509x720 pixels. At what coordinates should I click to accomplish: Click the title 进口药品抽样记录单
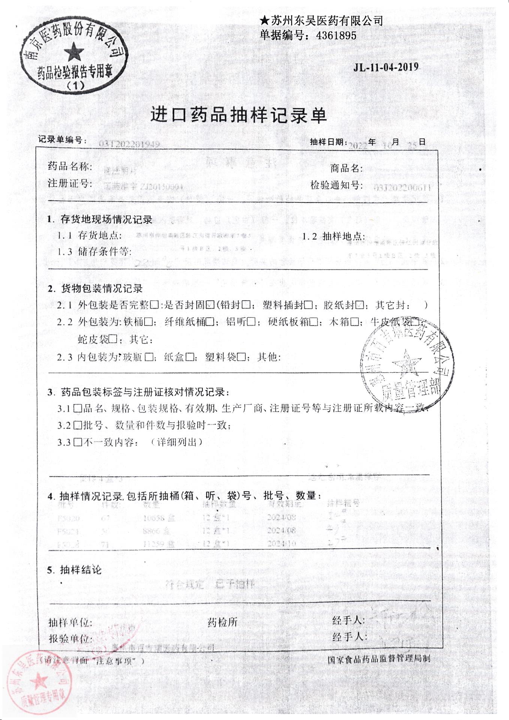coord(239,115)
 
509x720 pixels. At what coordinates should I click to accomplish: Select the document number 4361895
coord(336,36)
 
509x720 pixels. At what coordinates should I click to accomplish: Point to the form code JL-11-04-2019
coord(386,67)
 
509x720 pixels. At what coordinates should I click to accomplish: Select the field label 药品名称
coord(70,166)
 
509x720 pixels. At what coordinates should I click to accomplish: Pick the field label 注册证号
coord(70,184)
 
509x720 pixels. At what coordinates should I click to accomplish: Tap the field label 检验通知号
coord(336,185)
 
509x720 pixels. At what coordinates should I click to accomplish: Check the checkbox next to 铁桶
coord(148,322)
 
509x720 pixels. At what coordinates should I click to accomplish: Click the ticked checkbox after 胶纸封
coord(359,305)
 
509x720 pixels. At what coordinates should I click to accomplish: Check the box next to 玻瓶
coord(148,357)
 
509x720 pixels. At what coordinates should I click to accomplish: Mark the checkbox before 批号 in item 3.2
coord(78,425)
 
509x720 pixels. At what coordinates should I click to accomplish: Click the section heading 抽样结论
coord(81,570)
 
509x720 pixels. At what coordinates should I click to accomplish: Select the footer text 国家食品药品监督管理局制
coord(379,658)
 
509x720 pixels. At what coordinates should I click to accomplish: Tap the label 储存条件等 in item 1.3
coord(104,252)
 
